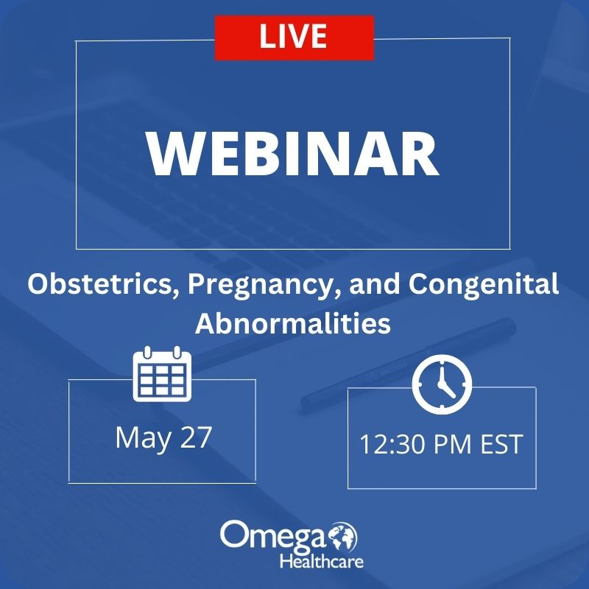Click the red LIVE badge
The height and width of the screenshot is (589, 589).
tap(294, 38)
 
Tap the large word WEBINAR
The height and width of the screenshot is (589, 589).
tap(292, 154)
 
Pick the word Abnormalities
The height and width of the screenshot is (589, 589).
tap(293, 323)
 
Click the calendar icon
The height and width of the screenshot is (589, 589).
tap(162, 374)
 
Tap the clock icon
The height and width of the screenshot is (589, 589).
tap(442, 384)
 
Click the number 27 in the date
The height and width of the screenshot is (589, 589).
tap(196, 437)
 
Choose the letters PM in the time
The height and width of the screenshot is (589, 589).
tap(453, 445)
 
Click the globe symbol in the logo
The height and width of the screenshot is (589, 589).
tap(343, 537)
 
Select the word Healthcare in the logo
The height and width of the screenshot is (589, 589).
tap(322, 562)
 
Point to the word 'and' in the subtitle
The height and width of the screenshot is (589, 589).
tap(374, 284)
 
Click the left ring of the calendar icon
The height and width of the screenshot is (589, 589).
tap(147, 353)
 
